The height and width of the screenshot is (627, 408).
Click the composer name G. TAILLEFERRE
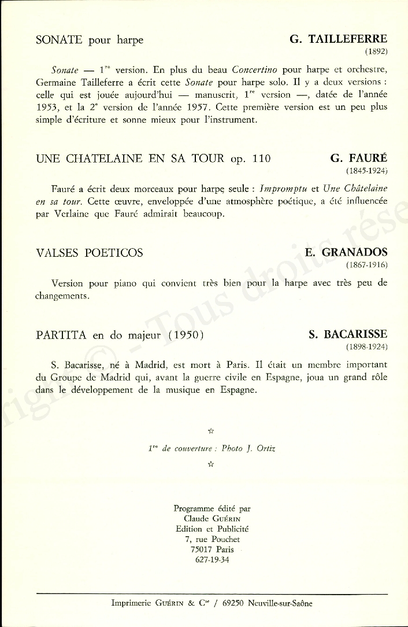pyautogui.click(x=338, y=39)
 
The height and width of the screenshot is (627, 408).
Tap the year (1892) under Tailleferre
pyautogui.click(x=375, y=51)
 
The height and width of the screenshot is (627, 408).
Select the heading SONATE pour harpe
pyautogui.click(x=89, y=40)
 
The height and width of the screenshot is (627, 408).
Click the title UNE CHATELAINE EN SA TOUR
pyautogui.click(x=130, y=159)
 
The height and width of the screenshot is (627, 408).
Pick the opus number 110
pyautogui.click(x=260, y=159)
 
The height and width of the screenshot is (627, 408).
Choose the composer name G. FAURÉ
pyautogui.click(x=358, y=158)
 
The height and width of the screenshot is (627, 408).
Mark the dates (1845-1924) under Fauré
pyautogui.click(x=366, y=171)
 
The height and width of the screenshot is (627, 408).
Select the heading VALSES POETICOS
pyautogui.click(x=89, y=253)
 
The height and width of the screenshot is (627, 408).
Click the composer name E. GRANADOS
pyautogui.click(x=346, y=253)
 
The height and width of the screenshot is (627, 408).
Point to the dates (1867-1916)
pyautogui.click(x=366, y=265)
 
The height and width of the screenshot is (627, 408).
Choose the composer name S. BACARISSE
pyautogui.click(x=348, y=335)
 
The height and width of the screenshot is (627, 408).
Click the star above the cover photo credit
pyautogui.click(x=210, y=430)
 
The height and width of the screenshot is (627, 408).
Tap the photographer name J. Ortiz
pyautogui.click(x=261, y=449)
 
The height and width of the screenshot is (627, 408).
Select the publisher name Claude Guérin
pyautogui.click(x=212, y=518)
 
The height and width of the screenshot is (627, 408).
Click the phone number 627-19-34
pyautogui.click(x=212, y=559)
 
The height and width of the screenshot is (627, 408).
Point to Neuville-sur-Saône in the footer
pyautogui.click(x=279, y=603)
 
